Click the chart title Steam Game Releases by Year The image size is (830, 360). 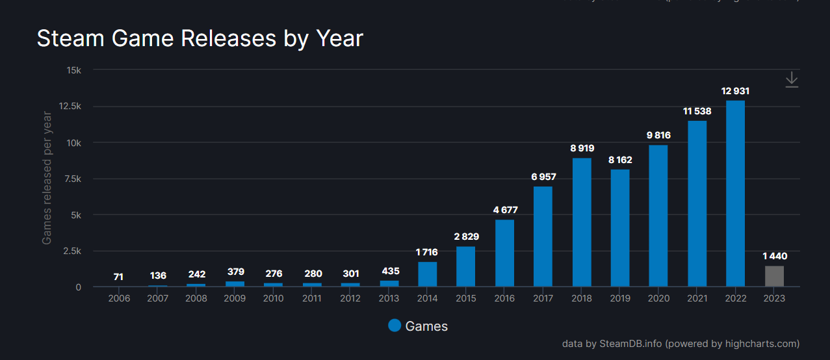(x=200, y=38)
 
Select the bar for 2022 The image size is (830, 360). (x=735, y=194)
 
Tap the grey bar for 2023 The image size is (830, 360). (x=774, y=276)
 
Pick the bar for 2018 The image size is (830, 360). (x=582, y=222)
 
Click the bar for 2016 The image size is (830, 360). (x=504, y=253)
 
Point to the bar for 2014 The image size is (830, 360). (x=427, y=274)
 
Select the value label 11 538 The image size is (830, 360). (x=697, y=111)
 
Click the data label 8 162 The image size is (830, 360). (x=620, y=159)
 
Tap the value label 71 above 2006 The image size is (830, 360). (x=118, y=277)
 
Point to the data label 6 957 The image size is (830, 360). (x=543, y=177)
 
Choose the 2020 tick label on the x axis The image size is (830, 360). (x=658, y=298)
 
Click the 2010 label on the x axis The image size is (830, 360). (x=273, y=298)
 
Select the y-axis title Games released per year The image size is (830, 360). (x=47, y=178)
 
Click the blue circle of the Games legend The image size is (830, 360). (x=394, y=326)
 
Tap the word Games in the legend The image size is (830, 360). (x=426, y=326)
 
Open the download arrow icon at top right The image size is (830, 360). (x=791, y=80)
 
